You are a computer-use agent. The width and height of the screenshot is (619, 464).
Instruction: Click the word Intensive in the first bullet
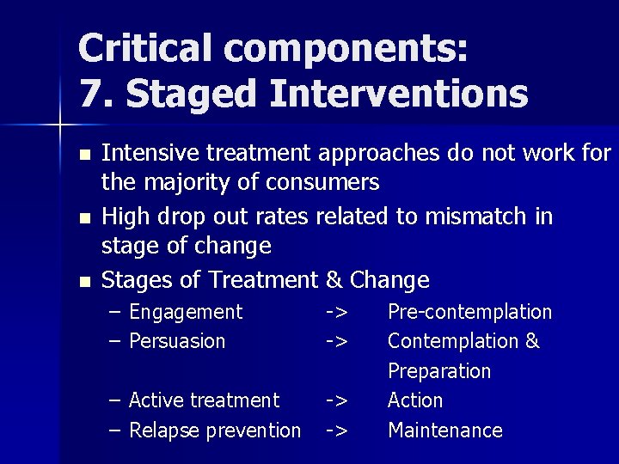(138, 154)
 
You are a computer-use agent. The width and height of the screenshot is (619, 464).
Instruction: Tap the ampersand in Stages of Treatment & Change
(334, 279)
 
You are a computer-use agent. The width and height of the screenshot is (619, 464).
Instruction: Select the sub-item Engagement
(186, 312)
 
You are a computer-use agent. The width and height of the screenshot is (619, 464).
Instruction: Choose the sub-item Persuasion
(176, 341)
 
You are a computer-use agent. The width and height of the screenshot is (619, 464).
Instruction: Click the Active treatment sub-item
(204, 400)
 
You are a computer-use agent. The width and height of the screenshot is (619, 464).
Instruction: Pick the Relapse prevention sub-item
(214, 430)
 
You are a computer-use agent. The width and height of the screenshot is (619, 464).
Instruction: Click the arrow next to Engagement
(336, 312)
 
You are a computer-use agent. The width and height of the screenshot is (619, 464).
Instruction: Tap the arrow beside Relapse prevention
(336, 430)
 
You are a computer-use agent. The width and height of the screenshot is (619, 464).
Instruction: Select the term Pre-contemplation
(469, 312)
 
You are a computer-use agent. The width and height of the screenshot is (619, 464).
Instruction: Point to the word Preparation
(438, 371)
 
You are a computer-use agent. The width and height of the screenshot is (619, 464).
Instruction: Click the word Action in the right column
(415, 400)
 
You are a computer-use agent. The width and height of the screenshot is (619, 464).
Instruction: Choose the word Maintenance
(444, 430)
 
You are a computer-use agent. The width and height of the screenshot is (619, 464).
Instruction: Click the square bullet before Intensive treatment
(83, 156)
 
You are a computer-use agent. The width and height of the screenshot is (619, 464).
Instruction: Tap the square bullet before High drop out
(83, 218)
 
